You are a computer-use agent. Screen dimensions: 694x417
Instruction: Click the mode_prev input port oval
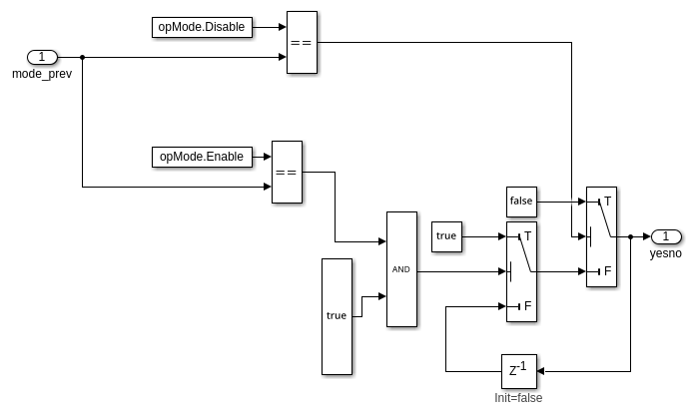click(x=42, y=57)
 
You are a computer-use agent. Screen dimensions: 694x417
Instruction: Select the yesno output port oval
click(x=666, y=236)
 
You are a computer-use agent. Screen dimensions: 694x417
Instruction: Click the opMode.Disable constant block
click(x=202, y=27)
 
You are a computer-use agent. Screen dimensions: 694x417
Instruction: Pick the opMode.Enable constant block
click(x=202, y=157)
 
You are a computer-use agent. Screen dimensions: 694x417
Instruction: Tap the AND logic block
click(x=401, y=269)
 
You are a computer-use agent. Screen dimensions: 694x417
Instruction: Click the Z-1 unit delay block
click(x=518, y=371)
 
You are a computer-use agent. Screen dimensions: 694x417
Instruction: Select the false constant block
click(x=521, y=202)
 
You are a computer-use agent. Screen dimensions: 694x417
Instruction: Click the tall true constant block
click(x=337, y=316)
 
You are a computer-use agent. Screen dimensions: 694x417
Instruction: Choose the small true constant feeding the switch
click(x=446, y=236)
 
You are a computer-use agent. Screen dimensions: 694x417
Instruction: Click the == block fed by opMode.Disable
click(x=302, y=43)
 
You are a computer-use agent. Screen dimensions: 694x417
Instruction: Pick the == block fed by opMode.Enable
click(x=287, y=172)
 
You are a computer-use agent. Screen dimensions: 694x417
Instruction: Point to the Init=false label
click(x=518, y=398)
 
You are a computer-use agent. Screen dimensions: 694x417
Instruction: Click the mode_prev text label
click(x=42, y=74)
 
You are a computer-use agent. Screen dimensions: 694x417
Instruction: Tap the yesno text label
click(x=666, y=253)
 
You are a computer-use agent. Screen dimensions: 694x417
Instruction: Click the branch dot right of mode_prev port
click(x=82, y=57)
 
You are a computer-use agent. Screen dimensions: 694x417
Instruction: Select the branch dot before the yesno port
click(x=630, y=236)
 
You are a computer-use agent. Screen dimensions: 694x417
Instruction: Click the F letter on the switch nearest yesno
click(x=608, y=270)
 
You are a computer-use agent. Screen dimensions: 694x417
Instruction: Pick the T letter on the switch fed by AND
click(x=527, y=236)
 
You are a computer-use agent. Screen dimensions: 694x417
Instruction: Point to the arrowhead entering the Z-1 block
click(x=540, y=371)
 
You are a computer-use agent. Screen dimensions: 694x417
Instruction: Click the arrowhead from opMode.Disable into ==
click(x=283, y=27)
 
